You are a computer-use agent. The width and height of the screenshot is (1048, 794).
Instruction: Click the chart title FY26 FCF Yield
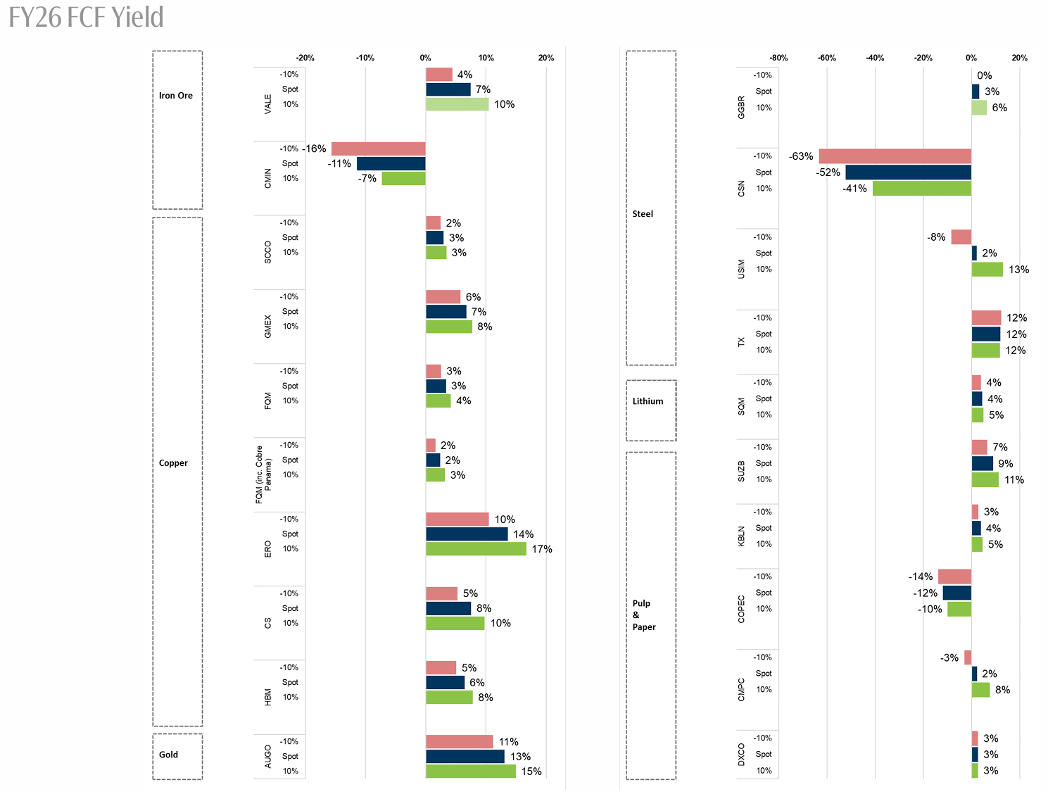(86, 17)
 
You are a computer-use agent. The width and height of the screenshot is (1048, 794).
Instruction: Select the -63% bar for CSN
(895, 156)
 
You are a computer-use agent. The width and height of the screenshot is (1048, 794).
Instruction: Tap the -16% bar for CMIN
(378, 149)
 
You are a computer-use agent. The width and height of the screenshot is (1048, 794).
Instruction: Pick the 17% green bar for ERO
(476, 549)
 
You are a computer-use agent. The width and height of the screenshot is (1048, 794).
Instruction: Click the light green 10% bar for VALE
(457, 104)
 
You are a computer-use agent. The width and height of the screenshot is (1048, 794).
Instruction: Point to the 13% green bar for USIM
(987, 270)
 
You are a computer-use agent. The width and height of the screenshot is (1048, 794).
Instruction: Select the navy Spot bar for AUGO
(465, 757)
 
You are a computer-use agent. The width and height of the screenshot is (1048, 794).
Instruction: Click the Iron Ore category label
(176, 96)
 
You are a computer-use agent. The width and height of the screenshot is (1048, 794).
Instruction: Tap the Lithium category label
(648, 401)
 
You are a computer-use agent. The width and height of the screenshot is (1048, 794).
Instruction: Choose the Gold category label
(169, 755)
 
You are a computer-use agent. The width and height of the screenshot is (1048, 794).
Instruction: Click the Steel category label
(643, 214)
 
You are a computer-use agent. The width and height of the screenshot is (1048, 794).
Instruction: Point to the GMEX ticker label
(268, 326)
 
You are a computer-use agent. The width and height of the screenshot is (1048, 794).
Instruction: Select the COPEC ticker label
(741, 609)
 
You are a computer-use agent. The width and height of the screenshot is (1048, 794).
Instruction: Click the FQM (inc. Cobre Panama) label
(263, 474)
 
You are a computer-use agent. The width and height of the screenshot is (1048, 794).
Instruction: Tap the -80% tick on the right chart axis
(778, 58)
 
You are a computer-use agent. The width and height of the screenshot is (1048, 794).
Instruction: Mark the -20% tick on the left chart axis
(305, 58)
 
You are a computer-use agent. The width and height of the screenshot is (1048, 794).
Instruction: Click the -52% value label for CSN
(828, 172)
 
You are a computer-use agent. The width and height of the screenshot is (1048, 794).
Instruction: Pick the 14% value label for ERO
(523, 534)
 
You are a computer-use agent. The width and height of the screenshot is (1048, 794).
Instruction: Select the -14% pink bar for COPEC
(954, 576)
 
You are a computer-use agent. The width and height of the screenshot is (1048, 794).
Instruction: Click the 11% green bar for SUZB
(985, 480)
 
